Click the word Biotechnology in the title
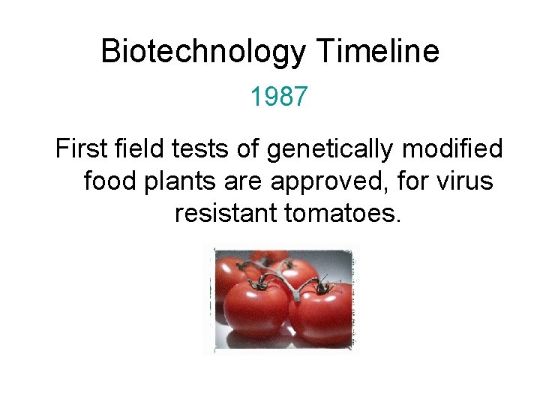click(203, 52)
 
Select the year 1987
click(279, 97)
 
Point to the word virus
click(464, 181)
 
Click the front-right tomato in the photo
click(322, 315)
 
